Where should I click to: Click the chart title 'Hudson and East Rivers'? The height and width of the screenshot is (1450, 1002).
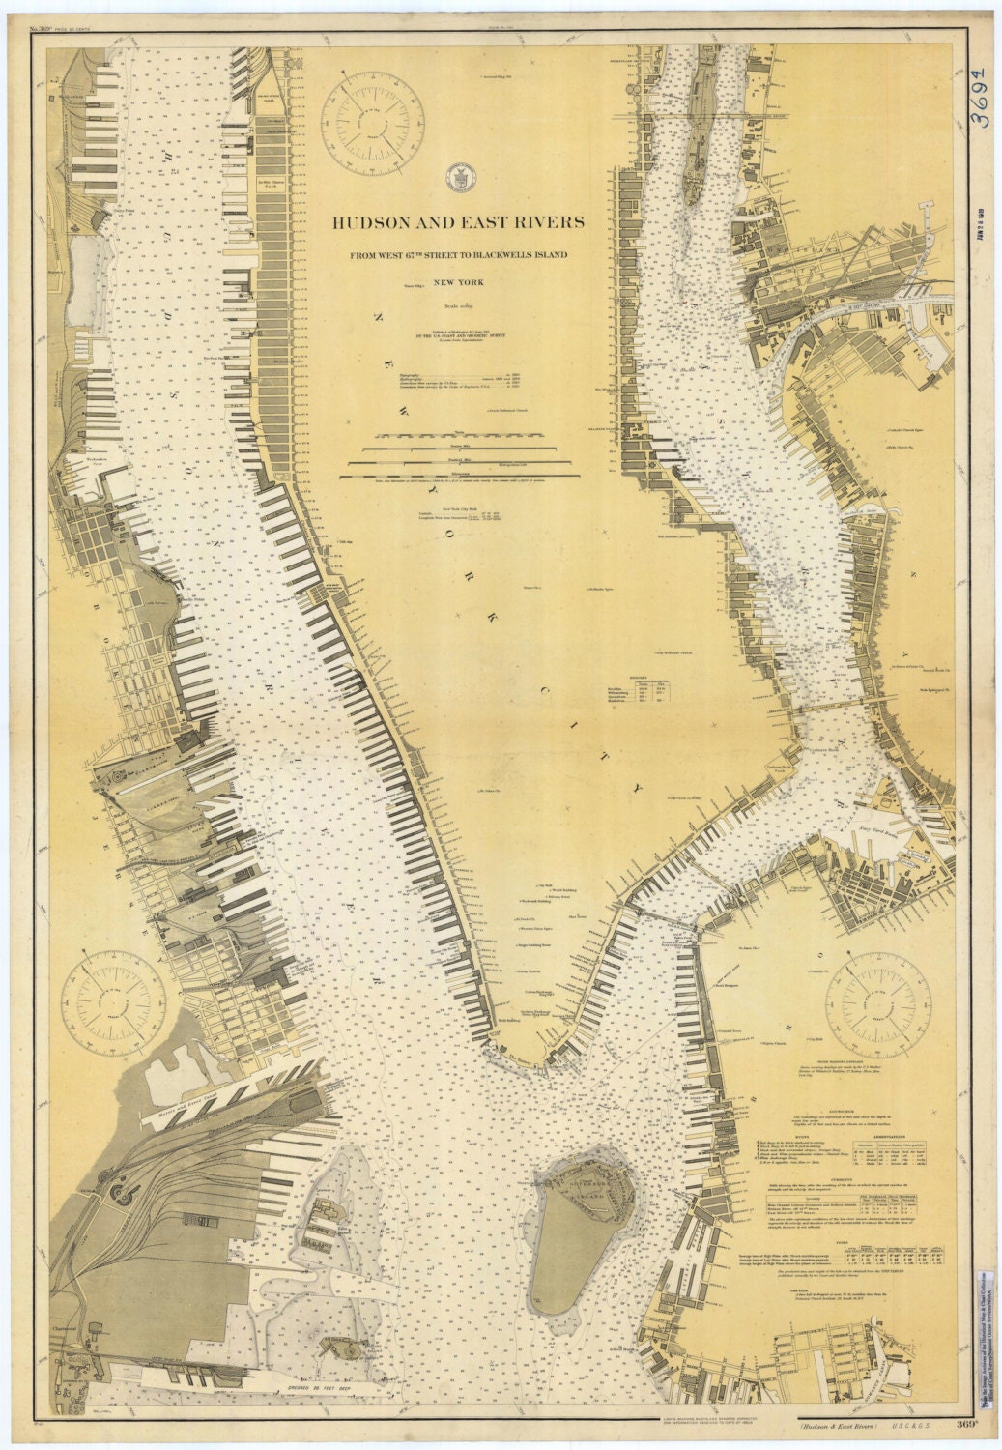(x=458, y=221)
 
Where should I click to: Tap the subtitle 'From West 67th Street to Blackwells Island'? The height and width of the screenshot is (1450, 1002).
(x=458, y=254)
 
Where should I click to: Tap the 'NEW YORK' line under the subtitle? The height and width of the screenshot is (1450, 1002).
(x=458, y=282)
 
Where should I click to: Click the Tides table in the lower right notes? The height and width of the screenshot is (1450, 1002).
(x=850, y=1252)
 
